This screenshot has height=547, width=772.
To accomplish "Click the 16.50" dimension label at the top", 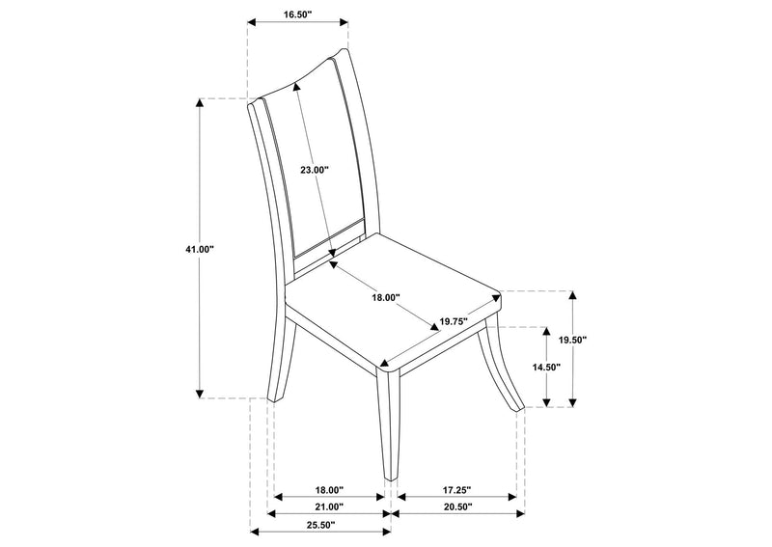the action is pos(297,14).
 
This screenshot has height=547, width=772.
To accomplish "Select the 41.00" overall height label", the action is pos(200,249).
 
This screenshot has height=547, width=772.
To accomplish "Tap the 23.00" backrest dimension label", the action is pos(315,170).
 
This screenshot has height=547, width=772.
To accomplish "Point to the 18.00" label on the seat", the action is pos(385,297).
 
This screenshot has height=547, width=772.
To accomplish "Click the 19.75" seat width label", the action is pos(454,322).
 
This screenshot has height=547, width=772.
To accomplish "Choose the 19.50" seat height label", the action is pos(572,340).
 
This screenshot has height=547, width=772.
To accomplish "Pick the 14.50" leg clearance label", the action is pos(546,367).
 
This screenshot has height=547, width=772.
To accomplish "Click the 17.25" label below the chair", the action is pos(456,490).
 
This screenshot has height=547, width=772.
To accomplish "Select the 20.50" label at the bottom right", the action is pos(457,506).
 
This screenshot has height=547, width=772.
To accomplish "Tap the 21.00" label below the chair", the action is pos(329,506).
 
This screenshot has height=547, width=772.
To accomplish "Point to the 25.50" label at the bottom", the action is pos(321,525).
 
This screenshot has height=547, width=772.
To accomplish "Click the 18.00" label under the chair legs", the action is pos(329,490).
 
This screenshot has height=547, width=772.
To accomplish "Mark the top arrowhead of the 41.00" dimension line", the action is pos(200,103).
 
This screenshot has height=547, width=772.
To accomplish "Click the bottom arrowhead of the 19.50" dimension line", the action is pos(572,402).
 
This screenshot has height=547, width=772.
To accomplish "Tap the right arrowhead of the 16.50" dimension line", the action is pos(345,22).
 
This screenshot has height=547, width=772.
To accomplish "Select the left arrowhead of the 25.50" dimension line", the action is pos(255,532).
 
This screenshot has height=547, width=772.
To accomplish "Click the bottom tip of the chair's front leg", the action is pos(391,479).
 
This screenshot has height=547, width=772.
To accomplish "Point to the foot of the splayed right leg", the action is pos(517,407).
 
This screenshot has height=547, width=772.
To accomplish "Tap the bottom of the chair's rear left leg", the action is pos(271,400).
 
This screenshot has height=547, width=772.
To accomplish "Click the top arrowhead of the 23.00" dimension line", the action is pos(296,87).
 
